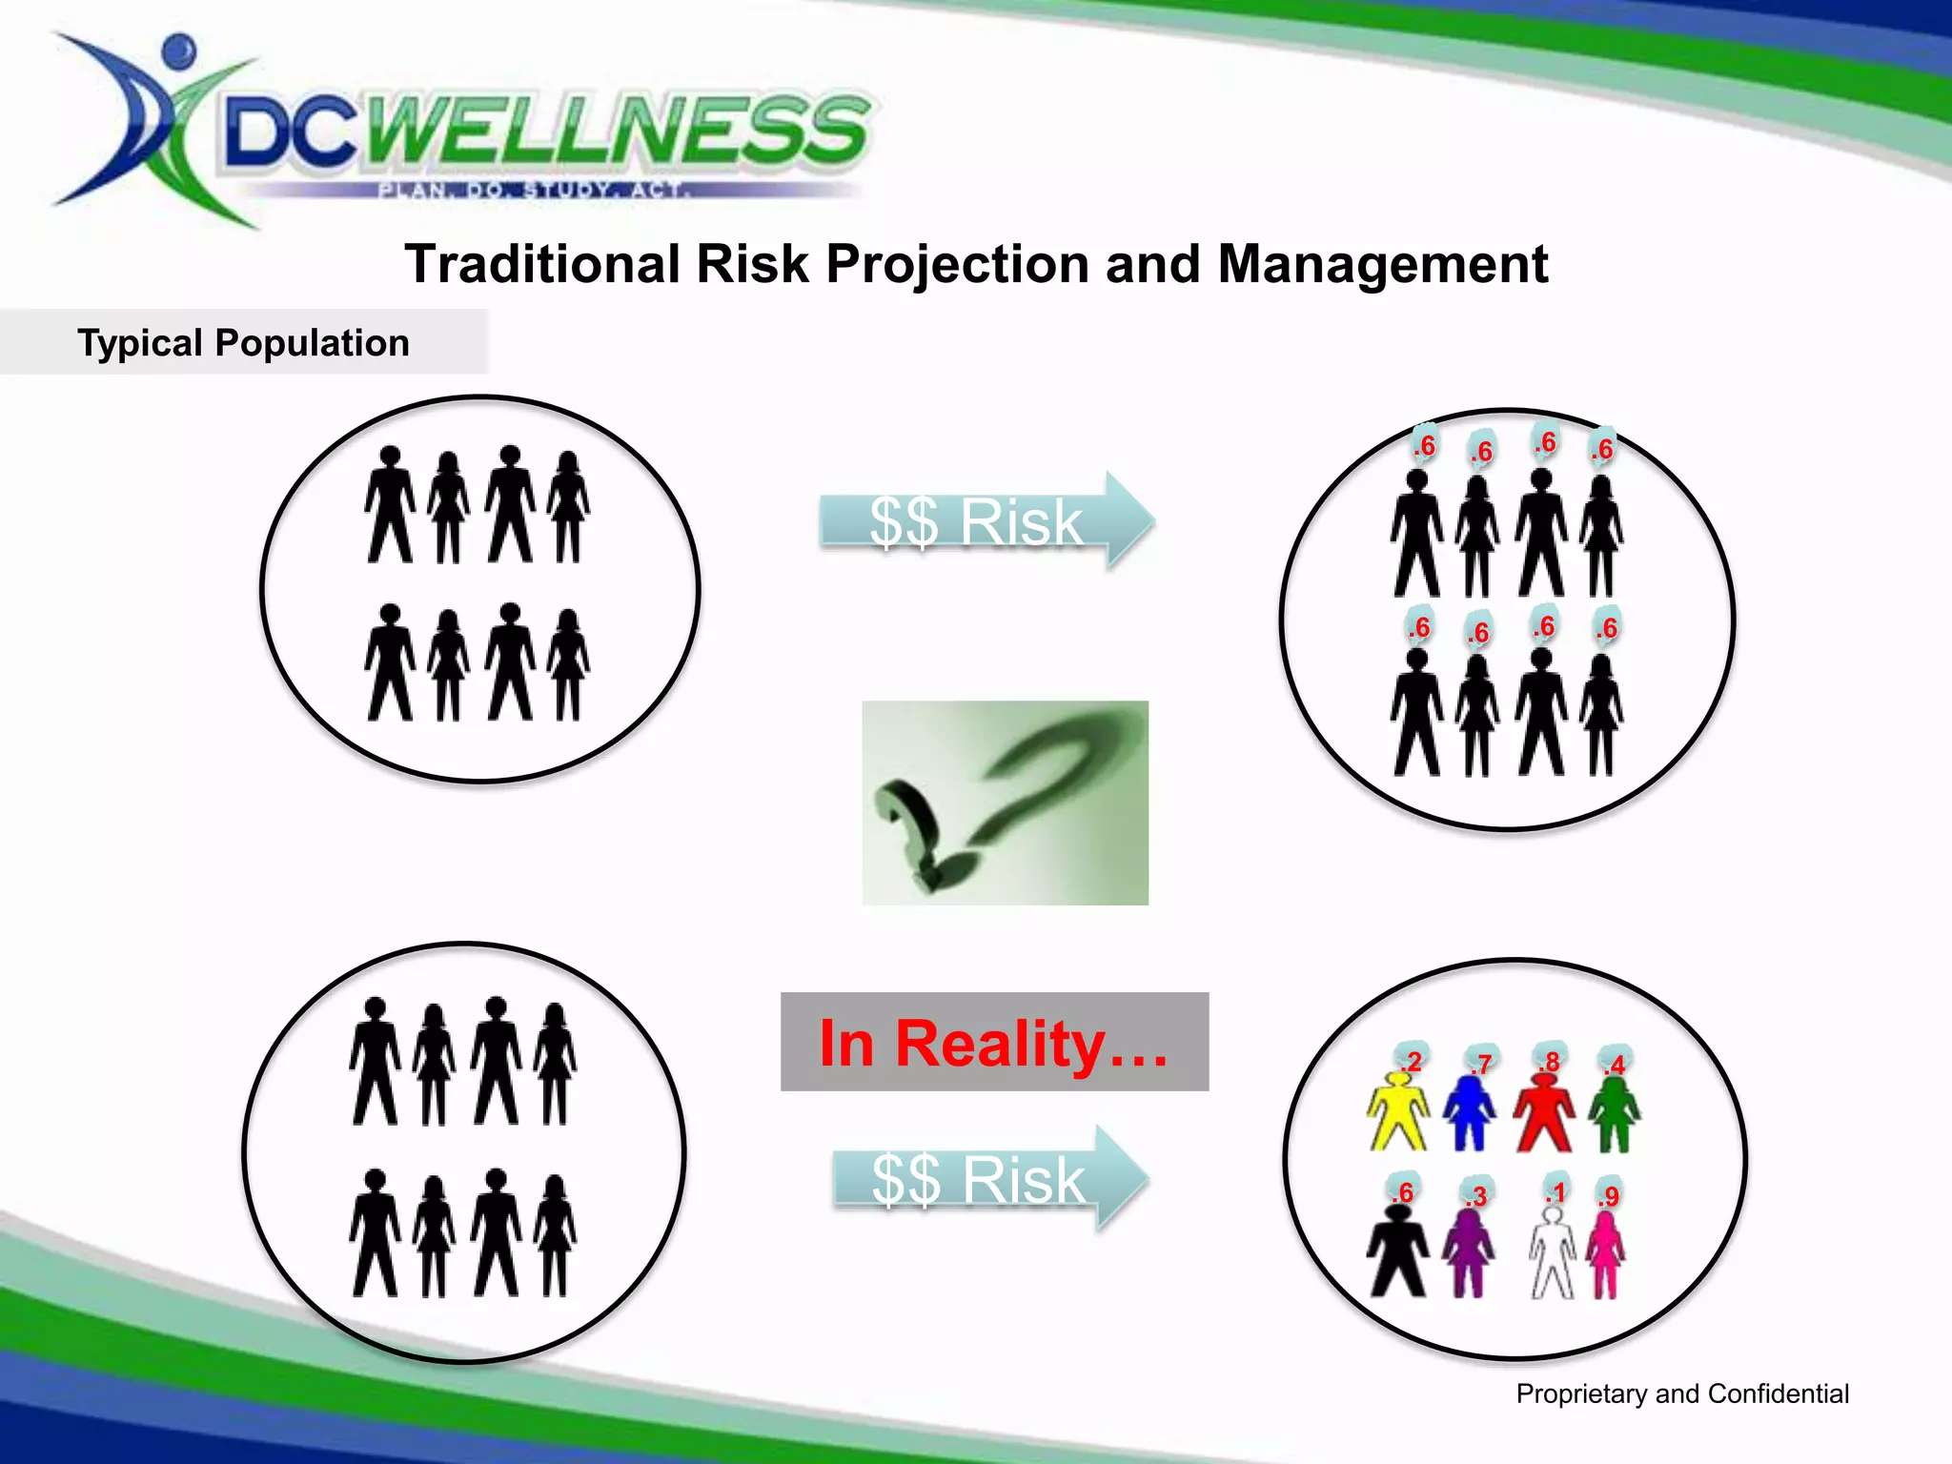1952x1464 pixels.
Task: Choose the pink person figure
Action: pos(1606,1256)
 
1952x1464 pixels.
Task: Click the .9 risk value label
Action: pos(1609,1195)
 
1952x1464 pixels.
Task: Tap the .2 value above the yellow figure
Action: pos(1412,1061)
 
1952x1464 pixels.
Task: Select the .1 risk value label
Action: pos(1555,1192)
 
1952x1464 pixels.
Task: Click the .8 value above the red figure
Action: pos(1551,1061)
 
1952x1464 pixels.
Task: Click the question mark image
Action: pos(1005,803)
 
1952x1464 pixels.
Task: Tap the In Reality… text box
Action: pos(994,1042)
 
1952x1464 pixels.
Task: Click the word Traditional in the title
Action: pos(542,264)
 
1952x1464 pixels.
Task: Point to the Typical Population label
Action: pos(243,342)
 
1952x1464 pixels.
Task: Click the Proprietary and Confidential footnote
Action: pos(1681,1393)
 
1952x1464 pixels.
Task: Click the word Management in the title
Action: pos(1382,264)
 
